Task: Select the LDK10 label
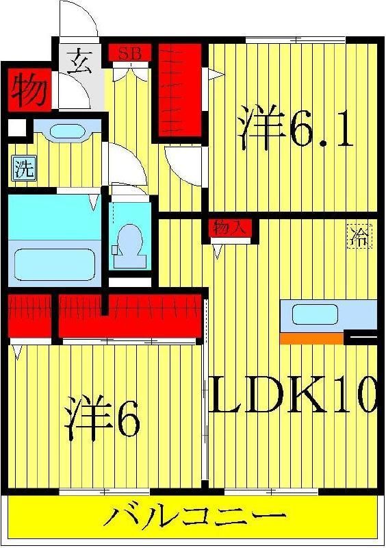coord(293,395)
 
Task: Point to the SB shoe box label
coord(130,53)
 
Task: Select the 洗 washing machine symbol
coord(25,169)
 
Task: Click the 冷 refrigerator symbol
coord(359,236)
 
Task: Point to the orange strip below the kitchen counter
coord(311,338)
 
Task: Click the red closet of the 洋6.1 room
coord(180,90)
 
